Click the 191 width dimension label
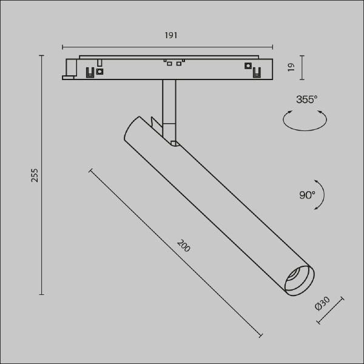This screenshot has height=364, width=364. click(x=170, y=36)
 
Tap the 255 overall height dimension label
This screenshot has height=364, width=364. click(x=35, y=175)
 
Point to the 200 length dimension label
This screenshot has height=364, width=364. click(x=183, y=246)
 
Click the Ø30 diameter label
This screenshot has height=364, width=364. click(x=322, y=305)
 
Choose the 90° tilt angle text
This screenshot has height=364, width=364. click(x=307, y=195)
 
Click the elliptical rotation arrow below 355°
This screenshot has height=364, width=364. click(x=305, y=119)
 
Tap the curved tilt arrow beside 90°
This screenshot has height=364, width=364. click(x=320, y=195)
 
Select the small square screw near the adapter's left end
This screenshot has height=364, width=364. click(x=100, y=71)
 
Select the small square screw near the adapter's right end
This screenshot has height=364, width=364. click(x=248, y=66)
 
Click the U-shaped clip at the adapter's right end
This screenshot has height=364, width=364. click(x=257, y=73)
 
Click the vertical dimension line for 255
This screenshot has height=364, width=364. click(x=42, y=175)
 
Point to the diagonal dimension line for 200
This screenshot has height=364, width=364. click(x=176, y=254)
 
